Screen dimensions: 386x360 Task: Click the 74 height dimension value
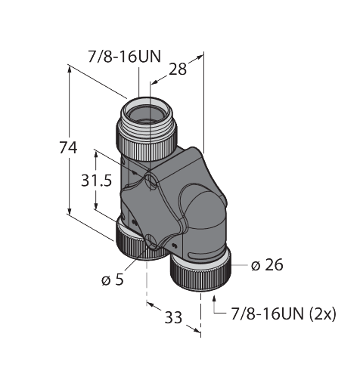point(69,150)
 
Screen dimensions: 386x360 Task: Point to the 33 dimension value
point(173,317)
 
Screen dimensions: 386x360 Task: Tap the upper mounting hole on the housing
point(151,181)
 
